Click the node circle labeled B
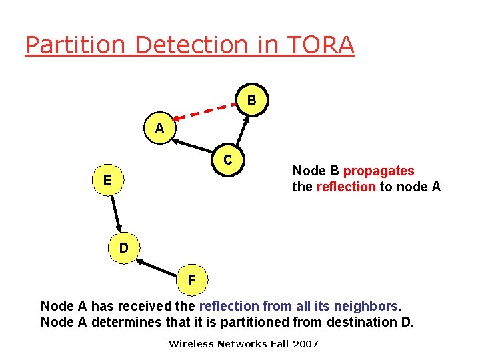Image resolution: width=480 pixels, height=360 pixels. (x=251, y=101)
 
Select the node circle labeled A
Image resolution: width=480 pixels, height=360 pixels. (x=159, y=128)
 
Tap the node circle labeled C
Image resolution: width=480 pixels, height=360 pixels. (x=228, y=160)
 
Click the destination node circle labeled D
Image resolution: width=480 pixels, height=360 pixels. (x=124, y=248)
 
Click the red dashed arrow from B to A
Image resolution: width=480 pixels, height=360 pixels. (x=206, y=113)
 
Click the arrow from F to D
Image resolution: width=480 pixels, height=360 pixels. (x=157, y=266)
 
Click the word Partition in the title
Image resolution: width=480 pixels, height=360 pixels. (x=76, y=45)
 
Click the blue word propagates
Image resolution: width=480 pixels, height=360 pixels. (x=379, y=171)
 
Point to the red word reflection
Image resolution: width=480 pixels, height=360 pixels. (x=345, y=187)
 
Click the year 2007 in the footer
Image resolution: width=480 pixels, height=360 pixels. (x=305, y=344)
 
